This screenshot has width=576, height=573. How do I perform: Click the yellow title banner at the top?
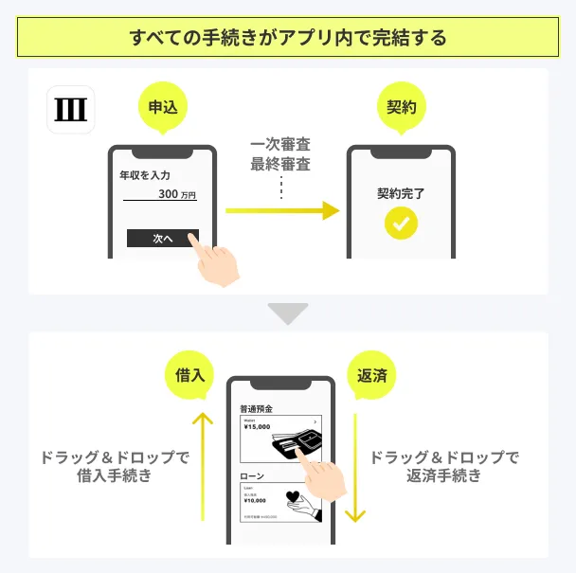287,39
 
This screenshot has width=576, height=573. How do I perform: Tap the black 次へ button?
162,239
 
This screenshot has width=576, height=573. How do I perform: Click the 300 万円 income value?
176,195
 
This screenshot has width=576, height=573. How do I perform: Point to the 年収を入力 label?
145,176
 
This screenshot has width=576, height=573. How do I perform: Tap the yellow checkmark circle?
401,224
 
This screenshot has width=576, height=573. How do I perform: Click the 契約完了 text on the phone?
401,194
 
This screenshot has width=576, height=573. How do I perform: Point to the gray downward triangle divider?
287,313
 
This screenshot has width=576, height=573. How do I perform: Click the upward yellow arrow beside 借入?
203,464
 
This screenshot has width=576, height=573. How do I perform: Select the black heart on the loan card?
294,497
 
